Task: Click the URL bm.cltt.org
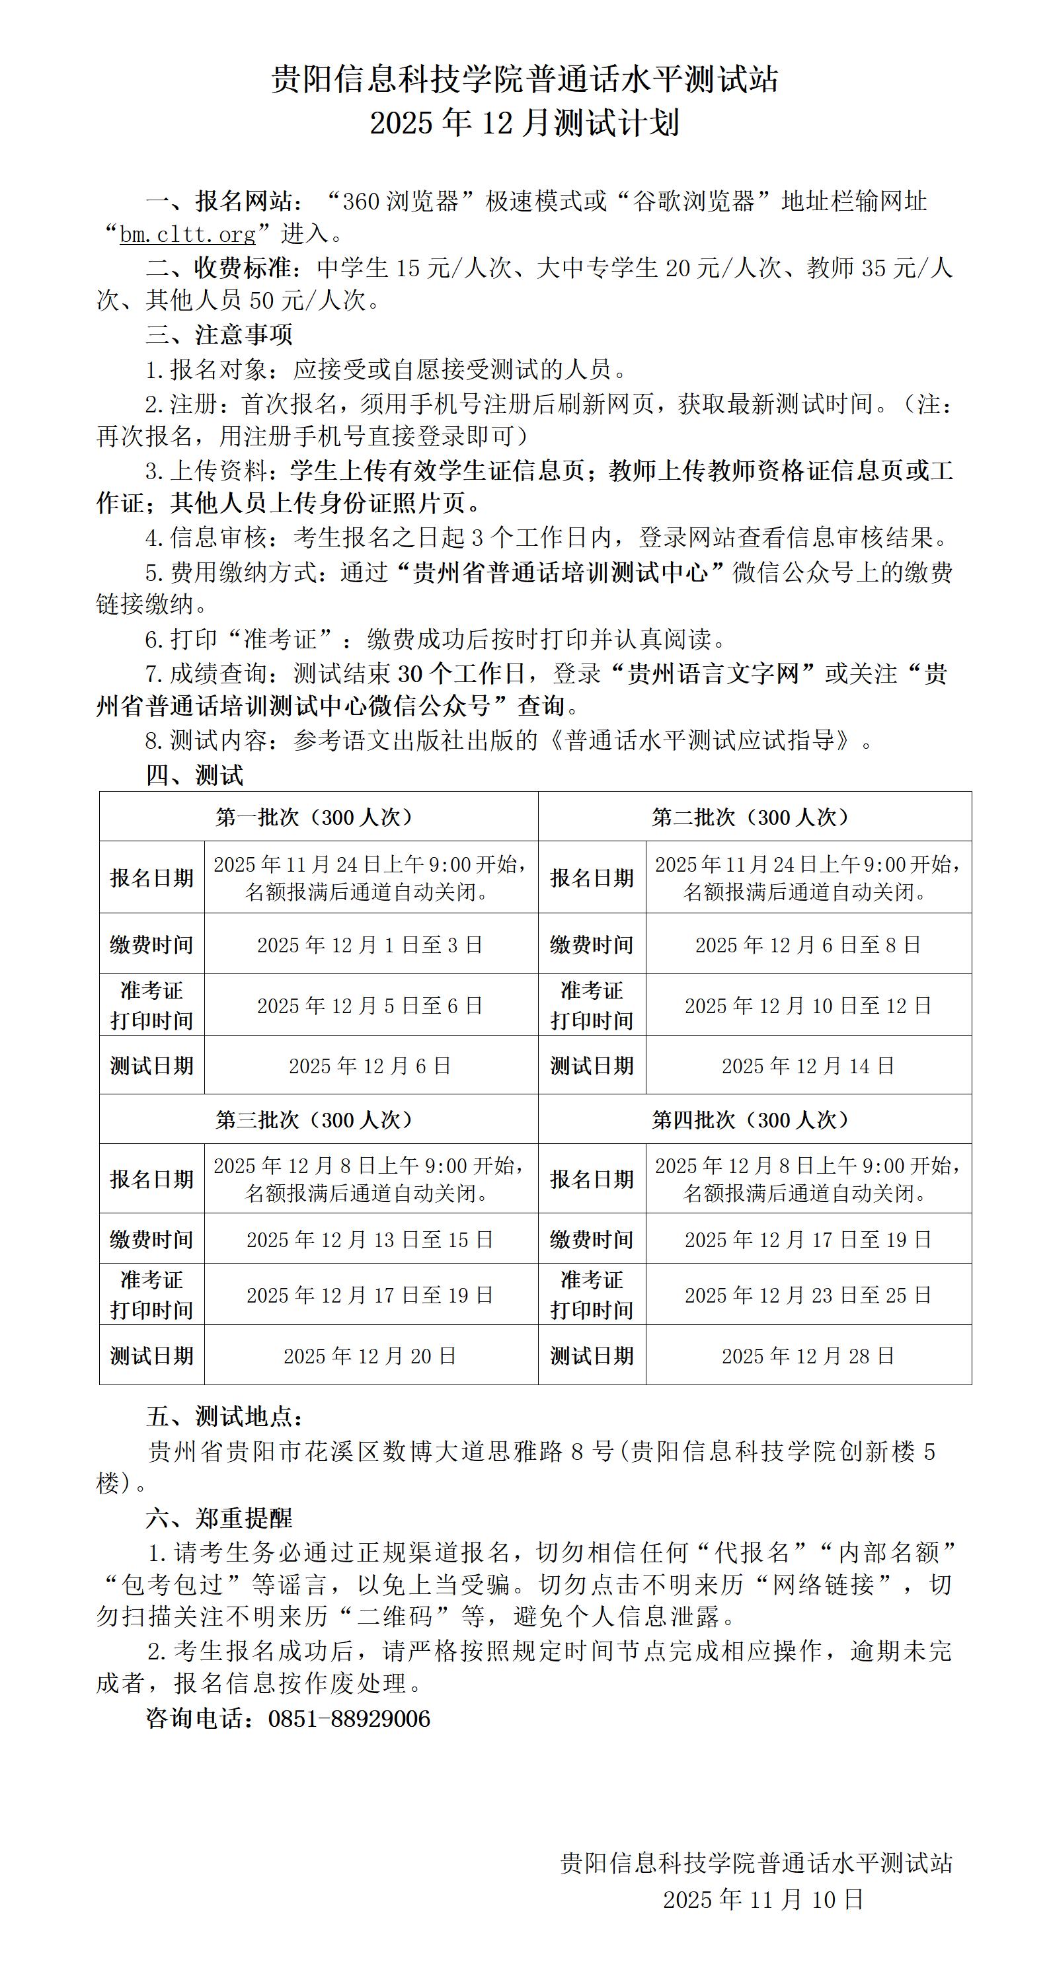[x=188, y=234]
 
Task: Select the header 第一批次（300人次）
[x=318, y=817]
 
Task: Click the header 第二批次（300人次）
[x=754, y=817]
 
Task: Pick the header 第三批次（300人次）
[x=318, y=1120]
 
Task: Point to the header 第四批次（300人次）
[x=754, y=1120]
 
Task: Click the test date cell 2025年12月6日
[x=370, y=1066]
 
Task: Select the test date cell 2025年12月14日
[x=808, y=1066]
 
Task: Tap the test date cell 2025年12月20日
[x=370, y=1355]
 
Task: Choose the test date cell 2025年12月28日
[x=808, y=1355]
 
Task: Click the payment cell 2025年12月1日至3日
[x=370, y=945]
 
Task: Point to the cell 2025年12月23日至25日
[x=808, y=1295]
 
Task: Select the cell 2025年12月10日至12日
[x=808, y=1005]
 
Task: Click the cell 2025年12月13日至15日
[x=370, y=1240]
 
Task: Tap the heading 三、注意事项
[x=219, y=335]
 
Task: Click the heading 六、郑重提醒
[x=219, y=1518]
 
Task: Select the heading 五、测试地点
[x=225, y=1416]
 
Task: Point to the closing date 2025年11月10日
[x=763, y=1899]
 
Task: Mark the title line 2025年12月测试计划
[x=524, y=124]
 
